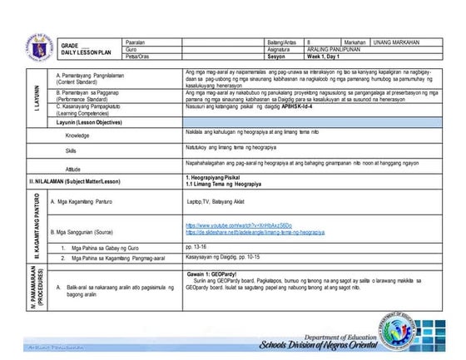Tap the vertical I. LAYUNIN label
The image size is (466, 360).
pos(34,110)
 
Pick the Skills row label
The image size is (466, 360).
pos(74,150)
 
